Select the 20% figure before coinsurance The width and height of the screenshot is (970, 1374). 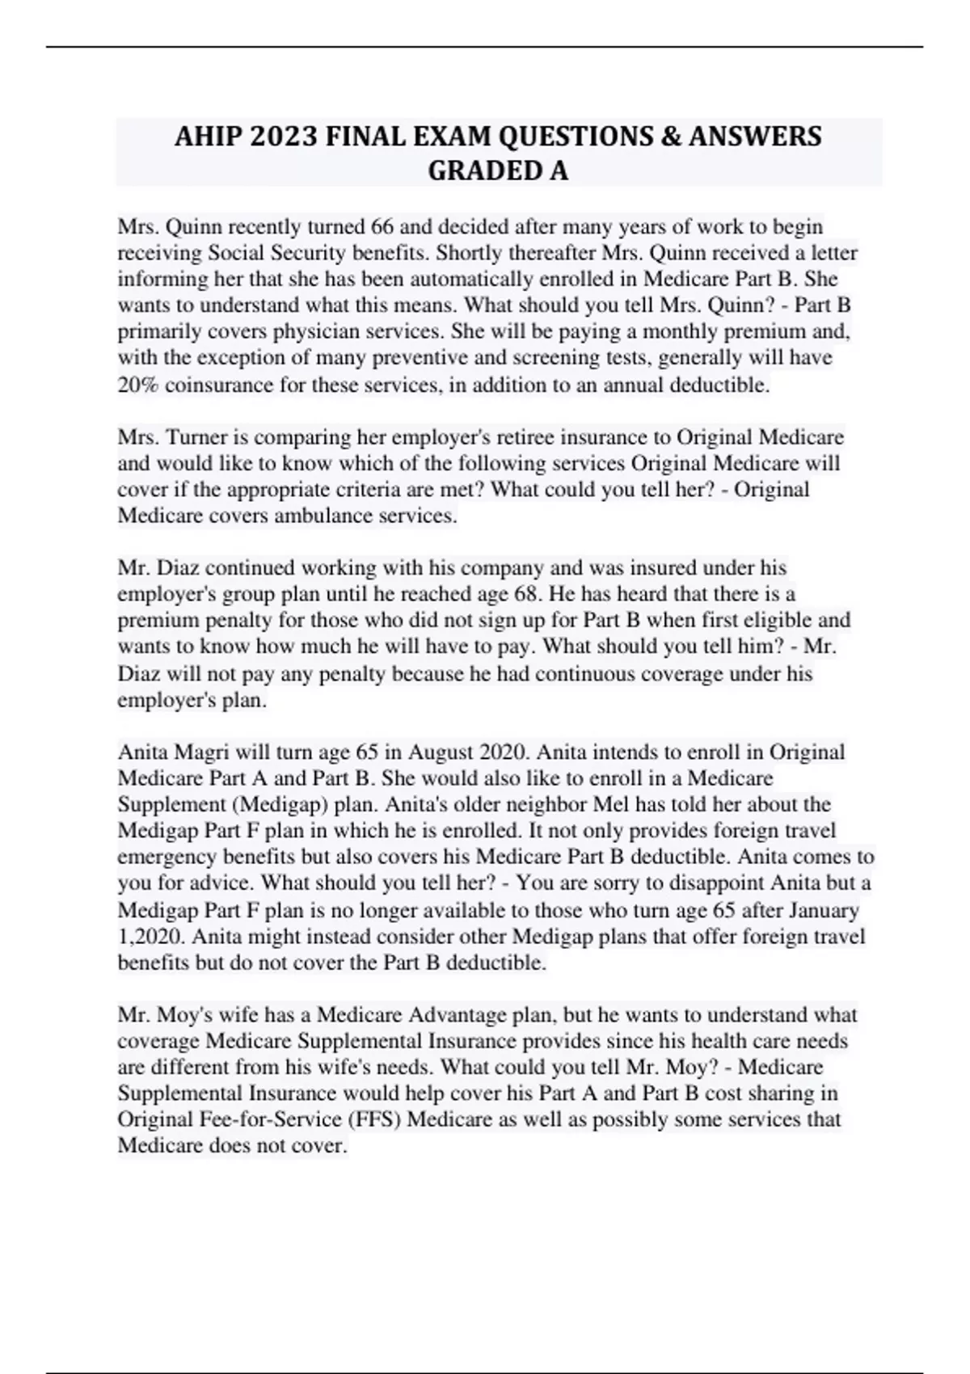coord(138,385)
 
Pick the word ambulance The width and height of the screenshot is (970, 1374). coord(324,516)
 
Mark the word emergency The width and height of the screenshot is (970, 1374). coord(158,858)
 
